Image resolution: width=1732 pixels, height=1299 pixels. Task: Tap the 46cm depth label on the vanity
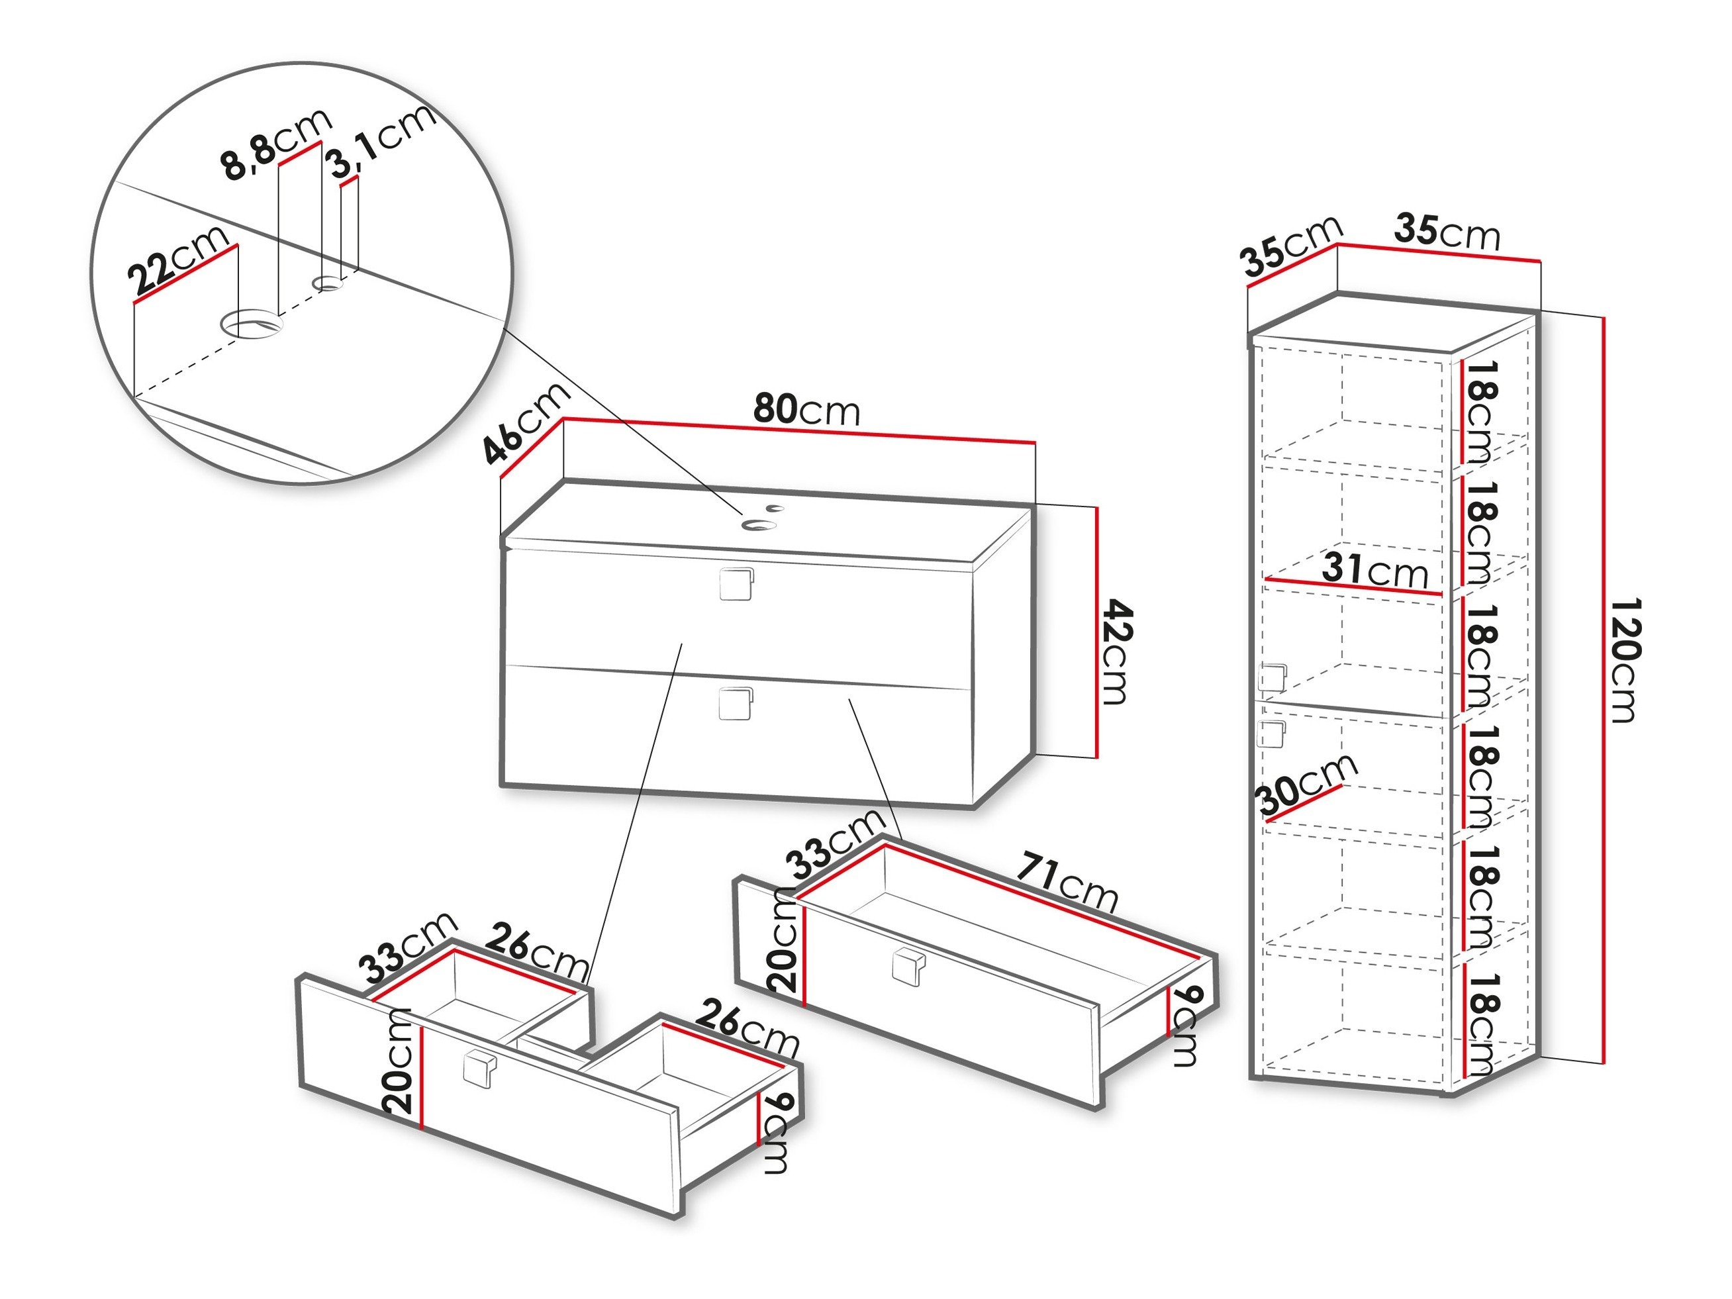[526, 424]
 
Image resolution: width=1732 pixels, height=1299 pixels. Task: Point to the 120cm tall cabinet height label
[1624, 659]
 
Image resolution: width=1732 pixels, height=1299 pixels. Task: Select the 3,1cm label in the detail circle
[382, 142]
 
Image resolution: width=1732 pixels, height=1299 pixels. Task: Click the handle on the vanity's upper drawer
[735, 583]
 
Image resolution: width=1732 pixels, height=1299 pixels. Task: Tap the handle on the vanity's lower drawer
[735, 703]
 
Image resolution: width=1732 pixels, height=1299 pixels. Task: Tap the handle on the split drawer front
[479, 1068]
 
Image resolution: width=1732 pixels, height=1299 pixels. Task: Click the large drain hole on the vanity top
[759, 524]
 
